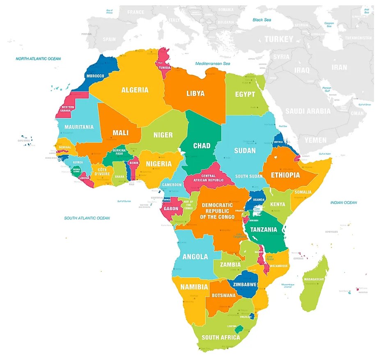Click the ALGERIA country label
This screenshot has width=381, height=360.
(x=135, y=90)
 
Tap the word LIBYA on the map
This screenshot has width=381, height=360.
(x=195, y=93)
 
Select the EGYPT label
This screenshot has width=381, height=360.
(x=245, y=94)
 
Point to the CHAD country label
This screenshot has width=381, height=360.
(x=202, y=146)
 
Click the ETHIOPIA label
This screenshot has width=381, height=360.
(x=291, y=175)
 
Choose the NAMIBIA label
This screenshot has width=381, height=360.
(x=194, y=287)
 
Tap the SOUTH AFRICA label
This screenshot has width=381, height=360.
(x=221, y=337)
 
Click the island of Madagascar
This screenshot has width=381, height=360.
(x=314, y=283)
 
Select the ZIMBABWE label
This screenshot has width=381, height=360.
(x=245, y=284)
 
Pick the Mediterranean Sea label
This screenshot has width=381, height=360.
(x=213, y=64)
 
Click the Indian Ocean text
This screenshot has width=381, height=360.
(x=344, y=203)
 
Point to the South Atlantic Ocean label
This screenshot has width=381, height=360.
(x=87, y=218)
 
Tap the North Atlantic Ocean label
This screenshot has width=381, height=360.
(x=38, y=59)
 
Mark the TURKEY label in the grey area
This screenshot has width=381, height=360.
(x=279, y=39)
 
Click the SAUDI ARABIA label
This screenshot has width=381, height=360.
(x=308, y=111)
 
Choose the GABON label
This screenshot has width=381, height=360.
(x=171, y=209)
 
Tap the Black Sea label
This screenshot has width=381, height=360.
(x=263, y=20)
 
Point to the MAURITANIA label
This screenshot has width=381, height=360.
(x=79, y=127)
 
